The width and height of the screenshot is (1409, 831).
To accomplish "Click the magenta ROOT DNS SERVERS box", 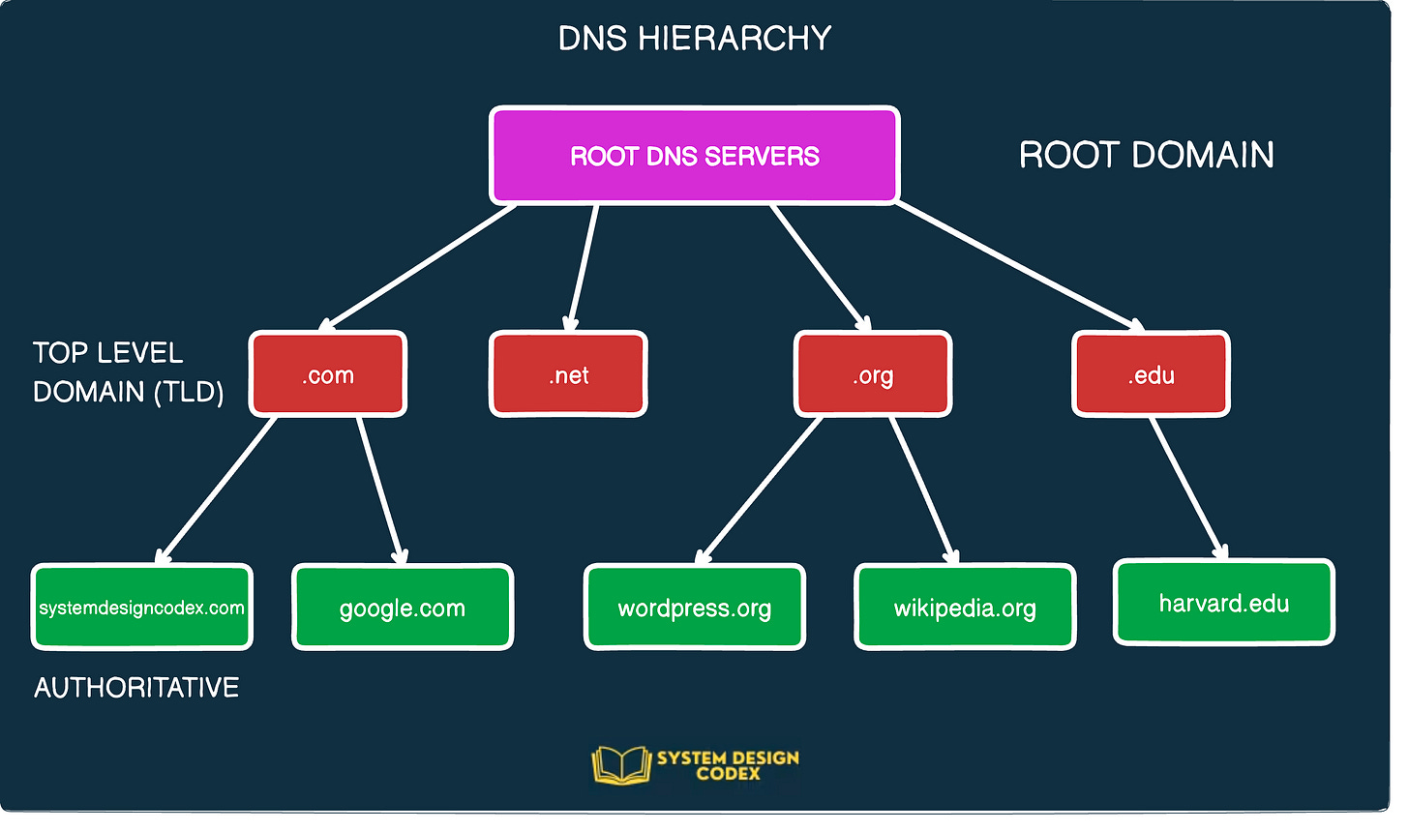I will [x=694, y=156].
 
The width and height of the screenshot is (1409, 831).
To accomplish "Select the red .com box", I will [x=328, y=374].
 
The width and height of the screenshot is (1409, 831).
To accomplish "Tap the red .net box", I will [x=568, y=374].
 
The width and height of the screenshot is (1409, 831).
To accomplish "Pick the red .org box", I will [x=873, y=374].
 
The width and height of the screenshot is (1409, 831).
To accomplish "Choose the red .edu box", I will [x=1151, y=374].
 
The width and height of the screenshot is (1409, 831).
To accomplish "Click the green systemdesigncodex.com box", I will [x=141, y=608].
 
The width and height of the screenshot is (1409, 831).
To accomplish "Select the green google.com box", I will [x=403, y=608].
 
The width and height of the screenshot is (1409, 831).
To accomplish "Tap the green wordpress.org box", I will [x=694, y=608].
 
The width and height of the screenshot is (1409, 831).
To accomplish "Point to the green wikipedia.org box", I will [x=965, y=608].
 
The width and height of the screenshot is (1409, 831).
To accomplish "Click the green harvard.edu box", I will [x=1224, y=603].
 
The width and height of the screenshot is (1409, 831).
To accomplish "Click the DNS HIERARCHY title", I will [x=694, y=39].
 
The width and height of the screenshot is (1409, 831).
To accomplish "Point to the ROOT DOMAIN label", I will [x=1146, y=155].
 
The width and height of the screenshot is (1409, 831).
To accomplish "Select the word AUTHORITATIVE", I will [x=136, y=688].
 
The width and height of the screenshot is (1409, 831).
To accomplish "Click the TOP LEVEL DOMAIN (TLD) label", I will [x=127, y=372].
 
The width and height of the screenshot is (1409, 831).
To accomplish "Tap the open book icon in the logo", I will [x=620, y=764].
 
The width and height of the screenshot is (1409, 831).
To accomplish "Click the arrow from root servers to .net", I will [x=584, y=267].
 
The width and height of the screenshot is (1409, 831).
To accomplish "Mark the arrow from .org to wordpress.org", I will [x=759, y=490].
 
